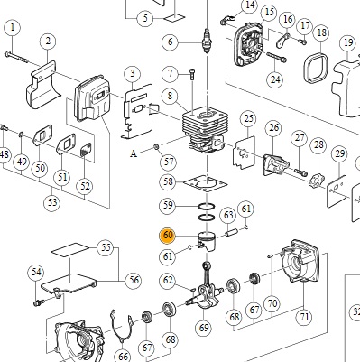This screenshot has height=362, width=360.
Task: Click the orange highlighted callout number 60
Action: tap(168, 235)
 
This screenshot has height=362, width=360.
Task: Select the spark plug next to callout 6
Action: tap(207, 41)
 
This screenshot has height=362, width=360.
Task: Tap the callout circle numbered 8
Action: tap(170, 97)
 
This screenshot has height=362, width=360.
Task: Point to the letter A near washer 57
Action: tap(134, 153)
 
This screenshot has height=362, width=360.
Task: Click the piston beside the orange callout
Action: tap(208, 241)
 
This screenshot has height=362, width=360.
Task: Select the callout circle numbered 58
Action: tap(168, 181)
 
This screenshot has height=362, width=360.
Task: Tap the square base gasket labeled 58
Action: tap(206, 183)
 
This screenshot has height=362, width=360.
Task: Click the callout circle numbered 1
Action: tap(13, 28)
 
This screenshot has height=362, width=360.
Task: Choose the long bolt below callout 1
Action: tap(16, 57)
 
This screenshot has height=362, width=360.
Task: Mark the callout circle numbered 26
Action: tap(273, 127)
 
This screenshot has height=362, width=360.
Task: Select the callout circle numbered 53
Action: tap(52, 202)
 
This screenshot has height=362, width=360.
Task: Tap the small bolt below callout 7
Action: tap(192, 74)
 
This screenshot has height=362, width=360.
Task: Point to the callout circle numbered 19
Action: tap(348, 42)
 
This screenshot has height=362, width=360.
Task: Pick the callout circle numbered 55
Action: tap(106, 247)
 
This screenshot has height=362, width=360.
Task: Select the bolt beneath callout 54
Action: tap(39, 302)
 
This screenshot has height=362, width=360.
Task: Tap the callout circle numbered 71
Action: tap(304, 316)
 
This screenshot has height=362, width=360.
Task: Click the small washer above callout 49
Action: tap(21, 134)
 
